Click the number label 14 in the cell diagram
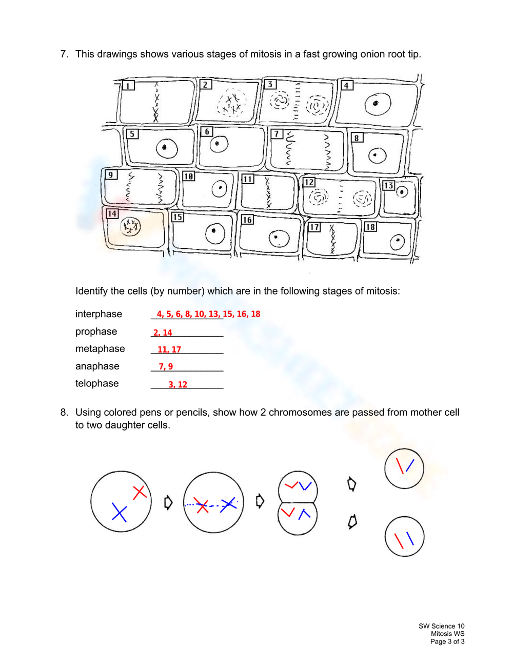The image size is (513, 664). click(112, 213)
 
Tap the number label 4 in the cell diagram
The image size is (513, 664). click(347, 85)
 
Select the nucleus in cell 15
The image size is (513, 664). click(214, 234)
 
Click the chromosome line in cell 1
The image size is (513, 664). click(156, 103)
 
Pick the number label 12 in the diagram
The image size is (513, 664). click(309, 182)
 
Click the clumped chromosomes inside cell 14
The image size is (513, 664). click(130, 226)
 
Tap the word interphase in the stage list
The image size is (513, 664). click(98, 314)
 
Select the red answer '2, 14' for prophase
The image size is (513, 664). click(163, 333)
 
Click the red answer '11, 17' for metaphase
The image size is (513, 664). click(169, 349)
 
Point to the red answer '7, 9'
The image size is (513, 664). click(166, 366)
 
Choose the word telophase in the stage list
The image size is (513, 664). click(97, 383)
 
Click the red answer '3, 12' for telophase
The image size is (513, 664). click(178, 384)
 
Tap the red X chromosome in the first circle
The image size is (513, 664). click(140, 492)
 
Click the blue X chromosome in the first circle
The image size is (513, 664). click(119, 513)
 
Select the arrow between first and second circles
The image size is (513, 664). click(168, 502)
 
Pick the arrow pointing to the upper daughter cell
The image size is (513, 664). click(351, 484)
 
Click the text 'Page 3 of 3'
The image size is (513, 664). click(447, 641)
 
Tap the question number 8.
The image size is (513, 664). click(64, 413)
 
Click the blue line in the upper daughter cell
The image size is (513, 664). click(410, 465)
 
